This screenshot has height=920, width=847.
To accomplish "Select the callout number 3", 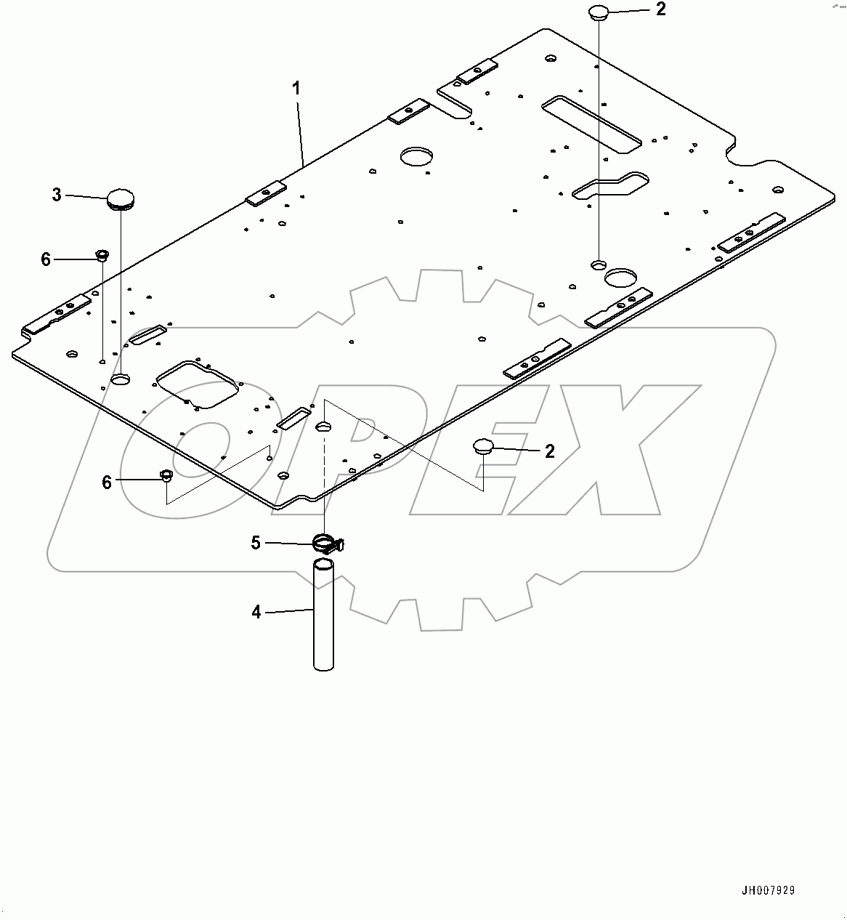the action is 57,195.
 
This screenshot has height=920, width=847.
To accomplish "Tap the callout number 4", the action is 256,613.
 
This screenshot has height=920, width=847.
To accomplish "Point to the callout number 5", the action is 256,543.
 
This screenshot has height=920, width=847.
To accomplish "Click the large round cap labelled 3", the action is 119,198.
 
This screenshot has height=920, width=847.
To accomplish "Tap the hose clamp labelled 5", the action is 326,543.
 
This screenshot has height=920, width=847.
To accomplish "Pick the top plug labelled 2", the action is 598,12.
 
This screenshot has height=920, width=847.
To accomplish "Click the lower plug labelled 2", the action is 484,445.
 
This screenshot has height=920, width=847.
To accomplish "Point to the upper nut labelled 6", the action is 102,255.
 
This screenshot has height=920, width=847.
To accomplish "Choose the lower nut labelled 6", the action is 166,477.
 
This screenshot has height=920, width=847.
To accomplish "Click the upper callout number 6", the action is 46,259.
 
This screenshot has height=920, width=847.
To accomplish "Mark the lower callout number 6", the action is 107,483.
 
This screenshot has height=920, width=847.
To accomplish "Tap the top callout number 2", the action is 660,9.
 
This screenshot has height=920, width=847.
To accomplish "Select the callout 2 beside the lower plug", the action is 550,451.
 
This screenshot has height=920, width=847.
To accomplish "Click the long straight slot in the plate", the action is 591,123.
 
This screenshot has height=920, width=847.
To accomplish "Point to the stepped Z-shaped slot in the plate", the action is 610,185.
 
